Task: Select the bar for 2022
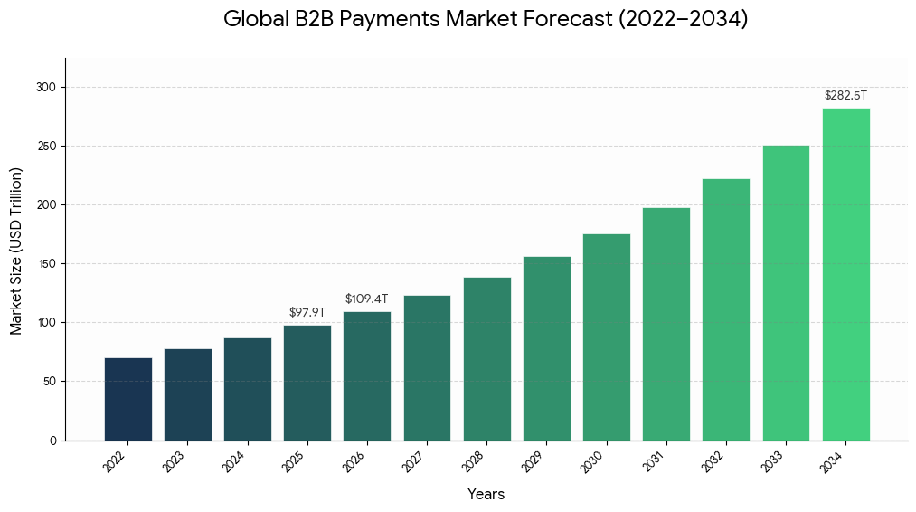coord(127,399)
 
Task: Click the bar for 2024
coord(248,389)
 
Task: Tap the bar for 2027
coord(427,367)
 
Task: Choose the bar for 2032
coord(726,309)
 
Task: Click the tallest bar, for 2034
coord(845,274)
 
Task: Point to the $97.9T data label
coord(307,312)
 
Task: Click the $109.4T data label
coord(366,299)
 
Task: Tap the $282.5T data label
coord(845,95)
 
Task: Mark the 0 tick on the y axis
coord(53,441)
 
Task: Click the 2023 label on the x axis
coord(174,461)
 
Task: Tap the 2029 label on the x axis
coord(533,461)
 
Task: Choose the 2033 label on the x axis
coord(772,461)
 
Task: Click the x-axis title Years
coord(486,494)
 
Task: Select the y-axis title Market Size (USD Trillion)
coord(16,251)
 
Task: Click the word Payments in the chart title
coord(390,19)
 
